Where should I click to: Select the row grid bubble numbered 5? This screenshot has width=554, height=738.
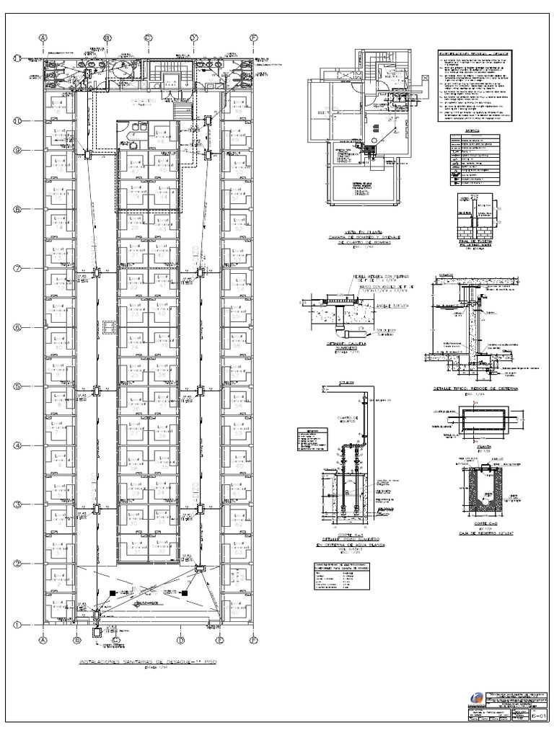21,387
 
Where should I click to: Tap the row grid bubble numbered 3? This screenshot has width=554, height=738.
21,504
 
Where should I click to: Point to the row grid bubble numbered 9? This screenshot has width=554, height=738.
21,150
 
